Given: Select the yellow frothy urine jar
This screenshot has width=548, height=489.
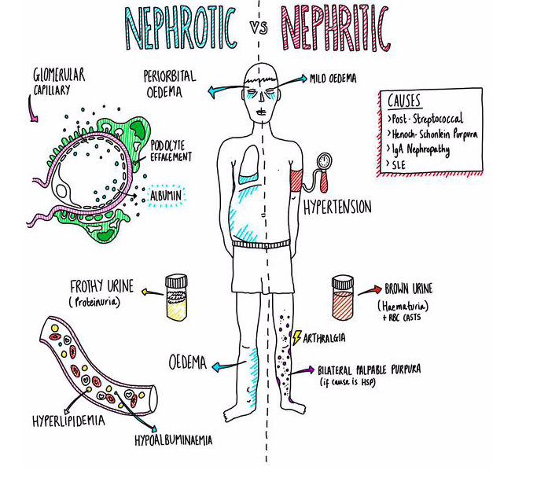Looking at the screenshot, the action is click(x=175, y=297).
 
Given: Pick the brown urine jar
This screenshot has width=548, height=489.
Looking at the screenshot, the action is click(x=344, y=298).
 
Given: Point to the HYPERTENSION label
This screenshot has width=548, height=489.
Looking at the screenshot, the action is click(x=337, y=208).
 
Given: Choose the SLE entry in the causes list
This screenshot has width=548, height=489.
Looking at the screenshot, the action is click(x=401, y=164).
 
